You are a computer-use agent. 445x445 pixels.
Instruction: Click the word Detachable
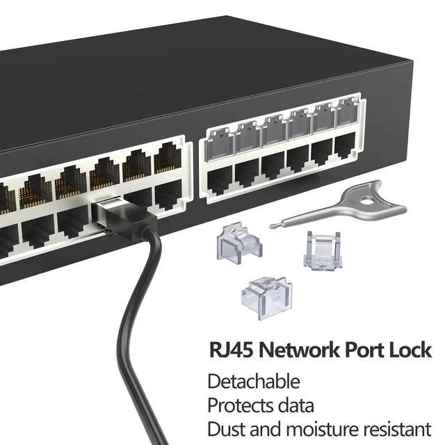click(x=254, y=381)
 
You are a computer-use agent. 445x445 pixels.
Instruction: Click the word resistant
click(x=397, y=429)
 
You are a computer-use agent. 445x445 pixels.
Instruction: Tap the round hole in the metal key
click(x=368, y=202)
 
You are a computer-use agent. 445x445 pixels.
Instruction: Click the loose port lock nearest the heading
click(x=267, y=298)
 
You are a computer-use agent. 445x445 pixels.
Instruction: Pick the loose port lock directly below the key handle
click(x=323, y=250)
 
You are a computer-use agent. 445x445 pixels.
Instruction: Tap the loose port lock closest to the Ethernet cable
click(x=239, y=241)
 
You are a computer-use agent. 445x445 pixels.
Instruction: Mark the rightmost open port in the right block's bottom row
click(x=345, y=145)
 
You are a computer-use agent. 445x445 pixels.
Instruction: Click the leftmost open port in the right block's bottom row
click(x=220, y=179)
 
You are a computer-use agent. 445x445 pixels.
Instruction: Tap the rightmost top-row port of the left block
click(x=168, y=158)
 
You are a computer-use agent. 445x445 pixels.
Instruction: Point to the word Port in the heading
click(x=364, y=350)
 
